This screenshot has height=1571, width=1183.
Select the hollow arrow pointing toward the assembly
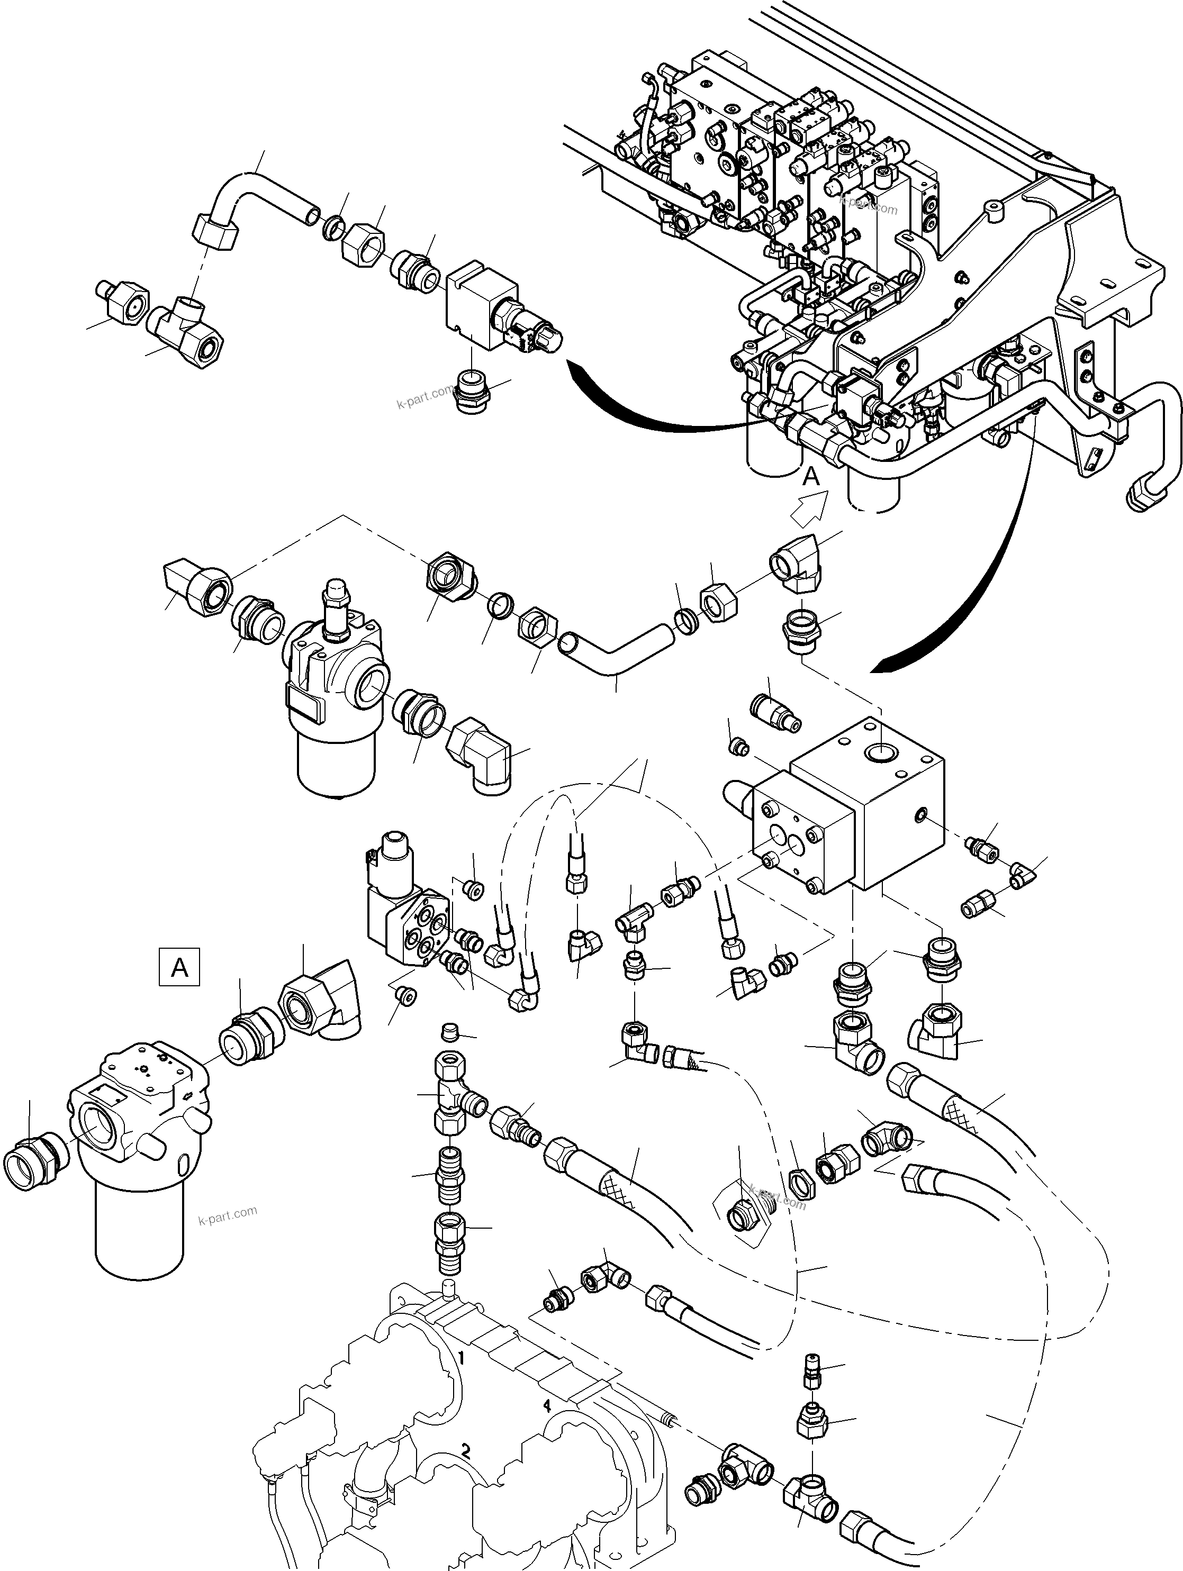[x=810, y=510]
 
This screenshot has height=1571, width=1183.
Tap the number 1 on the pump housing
[x=461, y=1358]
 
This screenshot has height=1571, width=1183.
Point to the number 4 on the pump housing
[x=546, y=1405]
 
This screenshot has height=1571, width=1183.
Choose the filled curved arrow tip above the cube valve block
[x=884, y=664]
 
